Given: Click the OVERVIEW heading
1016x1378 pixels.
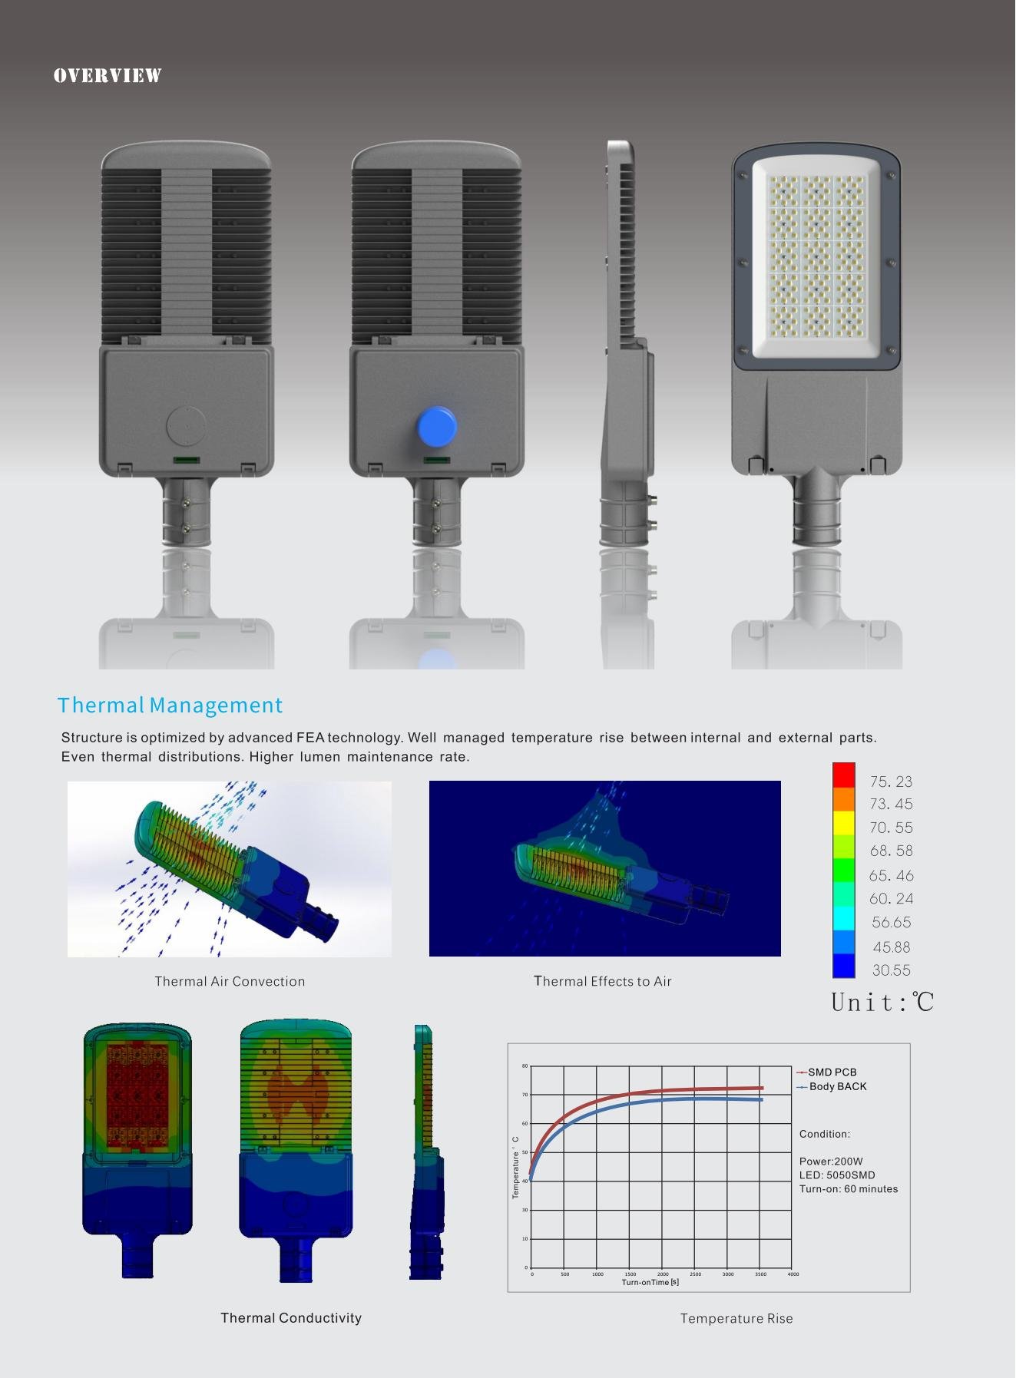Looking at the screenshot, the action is click(108, 75).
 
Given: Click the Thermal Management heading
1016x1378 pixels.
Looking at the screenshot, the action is click(170, 705).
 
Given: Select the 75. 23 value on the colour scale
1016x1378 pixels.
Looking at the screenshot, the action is click(891, 782).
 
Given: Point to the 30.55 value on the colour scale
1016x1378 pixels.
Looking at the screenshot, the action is click(891, 970).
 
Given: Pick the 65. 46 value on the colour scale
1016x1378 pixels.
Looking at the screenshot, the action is click(891, 875).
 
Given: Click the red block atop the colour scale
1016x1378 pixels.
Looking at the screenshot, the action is click(843, 775).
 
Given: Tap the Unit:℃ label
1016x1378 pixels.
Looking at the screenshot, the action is click(882, 1002).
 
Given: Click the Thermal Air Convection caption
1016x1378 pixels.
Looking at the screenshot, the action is click(230, 981).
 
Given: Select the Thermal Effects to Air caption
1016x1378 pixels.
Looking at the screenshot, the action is click(603, 981).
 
